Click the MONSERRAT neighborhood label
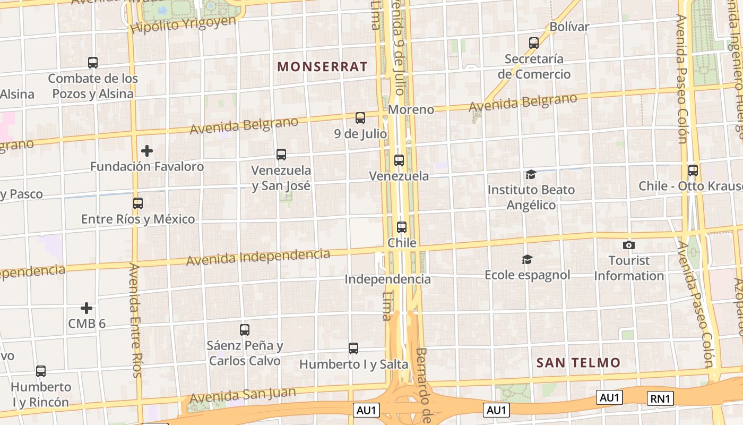click(x=322, y=66)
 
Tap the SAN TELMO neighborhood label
click(x=578, y=363)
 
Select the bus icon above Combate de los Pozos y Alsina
click(x=93, y=63)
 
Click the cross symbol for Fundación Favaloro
click(x=147, y=151)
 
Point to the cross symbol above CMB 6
click(x=87, y=308)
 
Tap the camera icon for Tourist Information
click(x=629, y=245)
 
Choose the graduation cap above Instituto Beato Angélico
click(x=531, y=174)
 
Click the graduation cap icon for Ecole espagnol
click(x=527, y=259)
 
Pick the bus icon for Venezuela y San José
click(x=281, y=155)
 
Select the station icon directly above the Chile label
click(x=402, y=227)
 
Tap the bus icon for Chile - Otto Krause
click(x=693, y=171)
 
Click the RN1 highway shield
click(x=661, y=398)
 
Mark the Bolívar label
click(x=569, y=27)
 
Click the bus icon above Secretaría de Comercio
click(x=534, y=43)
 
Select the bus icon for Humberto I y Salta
click(x=353, y=348)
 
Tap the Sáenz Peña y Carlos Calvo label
click(x=245, y=353)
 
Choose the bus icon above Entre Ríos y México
click(x=138, y=203)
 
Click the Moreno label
click(x=411, y=109)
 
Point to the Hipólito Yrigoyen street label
click(x=183, y=24)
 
